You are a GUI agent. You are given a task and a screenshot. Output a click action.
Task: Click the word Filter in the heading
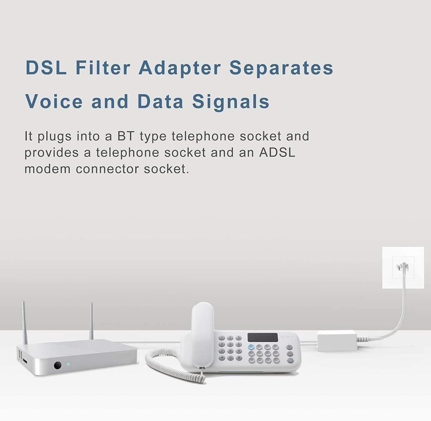[103, 68]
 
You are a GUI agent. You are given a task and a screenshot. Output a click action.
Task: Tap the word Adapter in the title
[180, 68]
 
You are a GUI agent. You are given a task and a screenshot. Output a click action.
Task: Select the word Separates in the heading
[281, 68]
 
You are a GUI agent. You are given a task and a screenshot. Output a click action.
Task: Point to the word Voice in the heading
[54, 101]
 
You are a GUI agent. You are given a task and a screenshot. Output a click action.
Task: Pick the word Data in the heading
[160, 101]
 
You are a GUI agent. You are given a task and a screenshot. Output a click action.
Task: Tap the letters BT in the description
[126, 136]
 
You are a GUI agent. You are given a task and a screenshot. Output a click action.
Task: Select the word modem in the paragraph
[47, 169]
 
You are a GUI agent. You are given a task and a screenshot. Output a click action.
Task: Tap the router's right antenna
[91, 321]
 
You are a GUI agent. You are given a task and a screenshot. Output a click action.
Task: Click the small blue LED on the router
[68, 364]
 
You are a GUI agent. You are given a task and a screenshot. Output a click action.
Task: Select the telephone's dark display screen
[262, 337]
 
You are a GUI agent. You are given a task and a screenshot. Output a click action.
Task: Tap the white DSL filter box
[336, 340]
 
